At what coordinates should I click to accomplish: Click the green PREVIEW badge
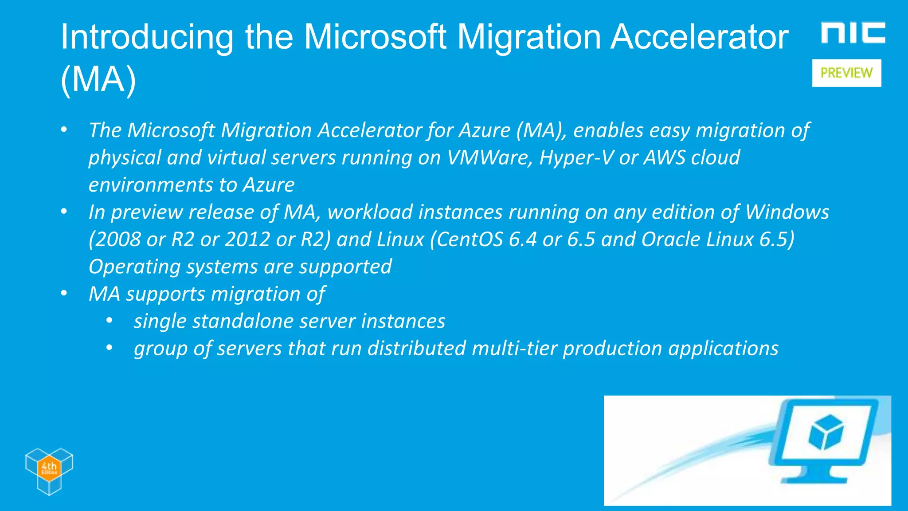click(846, 73)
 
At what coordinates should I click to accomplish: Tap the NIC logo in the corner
click(853, 33)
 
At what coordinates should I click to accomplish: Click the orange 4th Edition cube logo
click(49, 470)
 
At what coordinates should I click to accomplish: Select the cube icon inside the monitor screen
click(826, 432)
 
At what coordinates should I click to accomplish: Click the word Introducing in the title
click(147, 37)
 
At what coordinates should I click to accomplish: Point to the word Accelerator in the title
click(699, 37)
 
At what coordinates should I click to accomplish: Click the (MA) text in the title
click(98, 80)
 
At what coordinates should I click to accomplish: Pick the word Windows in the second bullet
click(787, 212)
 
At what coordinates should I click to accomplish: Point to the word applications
click(723, 349)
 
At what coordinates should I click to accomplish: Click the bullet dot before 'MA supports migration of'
click(64, 293)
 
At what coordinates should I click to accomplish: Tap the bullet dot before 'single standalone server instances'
click(110, 321)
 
